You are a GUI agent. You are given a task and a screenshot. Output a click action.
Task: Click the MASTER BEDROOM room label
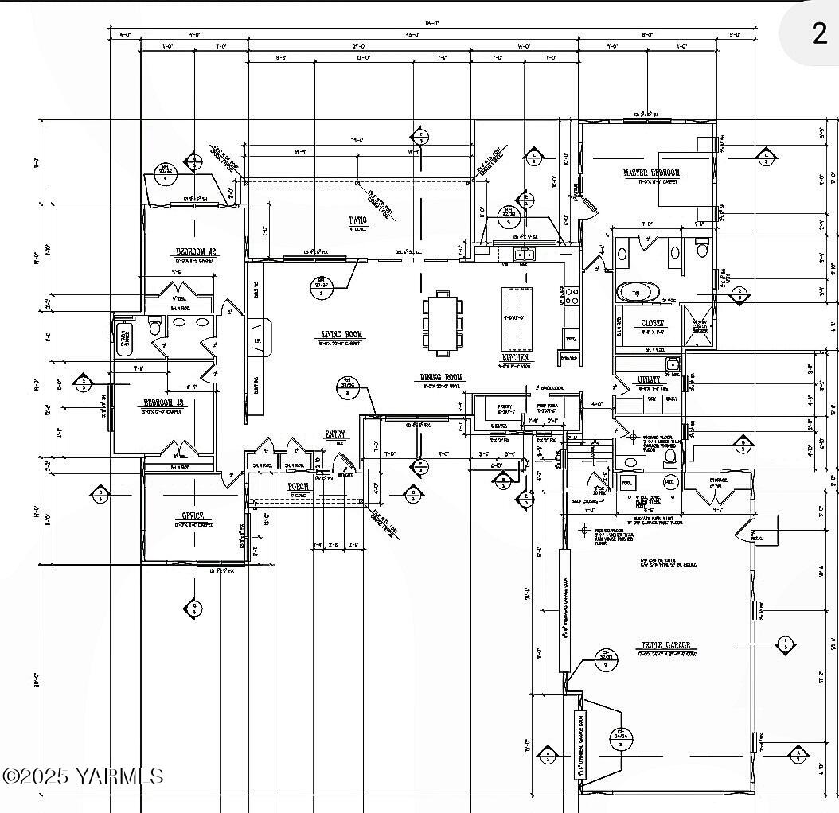click(x=651, y=173)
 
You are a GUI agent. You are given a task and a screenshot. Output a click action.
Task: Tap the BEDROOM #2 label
click(x=196, y=252)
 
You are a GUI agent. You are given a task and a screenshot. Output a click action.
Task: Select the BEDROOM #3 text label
click(x=163, y=403)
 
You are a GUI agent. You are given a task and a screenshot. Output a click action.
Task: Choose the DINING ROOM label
click(x=442, y=378)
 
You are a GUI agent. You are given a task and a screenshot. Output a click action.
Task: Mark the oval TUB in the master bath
click(x=637, y=291)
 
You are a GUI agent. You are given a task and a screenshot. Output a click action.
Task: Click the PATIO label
click(x=357, y=220)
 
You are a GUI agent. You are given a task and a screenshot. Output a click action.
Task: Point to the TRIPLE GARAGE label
click(x=666, y=645)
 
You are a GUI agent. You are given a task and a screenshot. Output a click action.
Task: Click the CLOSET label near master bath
click(x=653, y=324)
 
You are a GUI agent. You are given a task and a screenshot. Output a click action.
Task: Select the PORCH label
click(x=299, y=486)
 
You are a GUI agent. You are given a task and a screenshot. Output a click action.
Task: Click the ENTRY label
click(x=335, y=434)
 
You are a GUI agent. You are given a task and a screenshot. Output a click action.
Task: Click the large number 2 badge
click(x=819, y=34)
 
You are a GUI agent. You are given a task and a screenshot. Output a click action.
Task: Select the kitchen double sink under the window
click(x=522, y=255)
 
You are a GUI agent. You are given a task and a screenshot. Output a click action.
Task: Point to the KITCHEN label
click(x=514, y=359)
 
